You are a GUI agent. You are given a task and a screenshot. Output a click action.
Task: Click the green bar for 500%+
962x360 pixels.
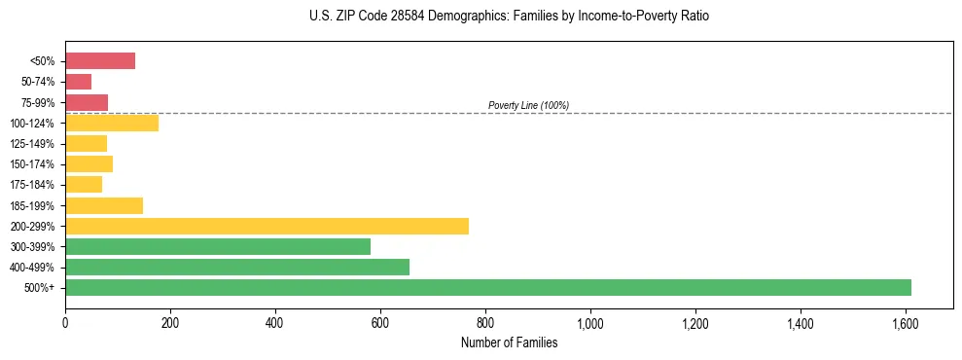487,287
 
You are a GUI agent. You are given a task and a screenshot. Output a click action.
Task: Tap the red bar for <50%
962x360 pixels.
100,61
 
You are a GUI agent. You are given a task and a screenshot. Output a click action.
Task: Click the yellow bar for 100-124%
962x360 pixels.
112,123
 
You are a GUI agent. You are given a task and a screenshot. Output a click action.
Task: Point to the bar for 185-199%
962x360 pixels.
104,205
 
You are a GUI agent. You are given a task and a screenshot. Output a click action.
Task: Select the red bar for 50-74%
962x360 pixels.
78,82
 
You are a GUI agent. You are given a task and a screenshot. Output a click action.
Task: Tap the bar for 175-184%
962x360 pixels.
84,185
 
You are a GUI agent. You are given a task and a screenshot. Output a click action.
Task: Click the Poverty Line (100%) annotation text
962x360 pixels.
528,105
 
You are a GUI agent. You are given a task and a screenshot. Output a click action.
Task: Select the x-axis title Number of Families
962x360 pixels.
510,342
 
